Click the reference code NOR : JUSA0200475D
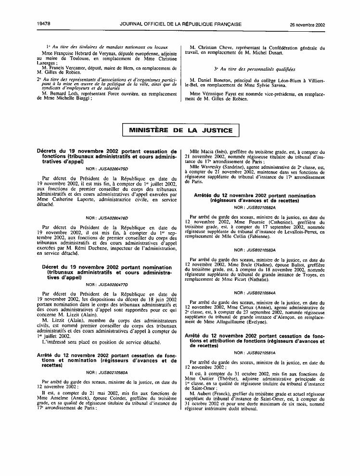(x=106, y=170)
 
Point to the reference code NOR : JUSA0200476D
(x=106, y=218)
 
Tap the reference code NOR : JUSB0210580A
(x=106, y=372)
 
